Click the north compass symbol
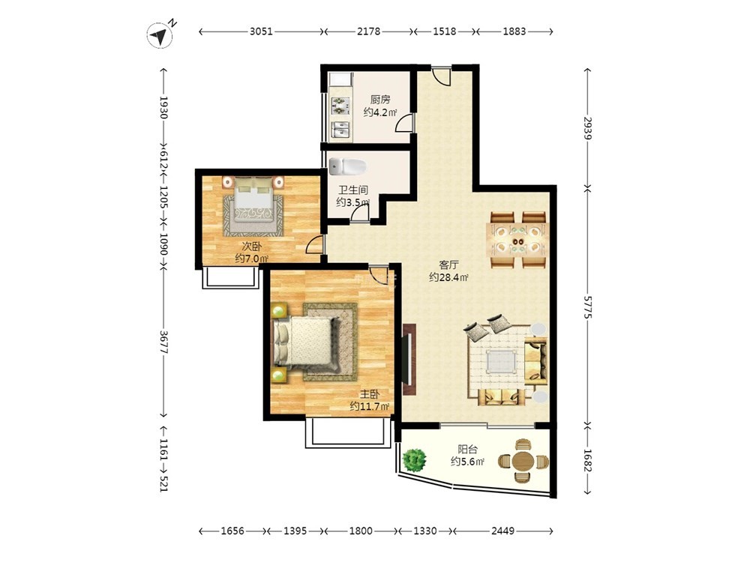point(160,35)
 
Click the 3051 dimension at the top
point(261,31)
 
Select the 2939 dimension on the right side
point(588,128)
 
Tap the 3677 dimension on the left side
point(163,342)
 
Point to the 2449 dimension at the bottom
point(502,531)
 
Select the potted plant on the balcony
point(414,460)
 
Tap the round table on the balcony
point(523,461)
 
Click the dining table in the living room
point(517,240)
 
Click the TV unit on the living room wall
point(409,360)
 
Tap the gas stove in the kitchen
point(340,106)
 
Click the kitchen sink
point(340,129)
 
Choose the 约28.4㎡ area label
point(448,277)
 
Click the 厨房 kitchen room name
point(380,100)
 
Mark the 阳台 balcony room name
point(467,449)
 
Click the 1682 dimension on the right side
point(588,460)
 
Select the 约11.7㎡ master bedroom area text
point(369,407)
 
